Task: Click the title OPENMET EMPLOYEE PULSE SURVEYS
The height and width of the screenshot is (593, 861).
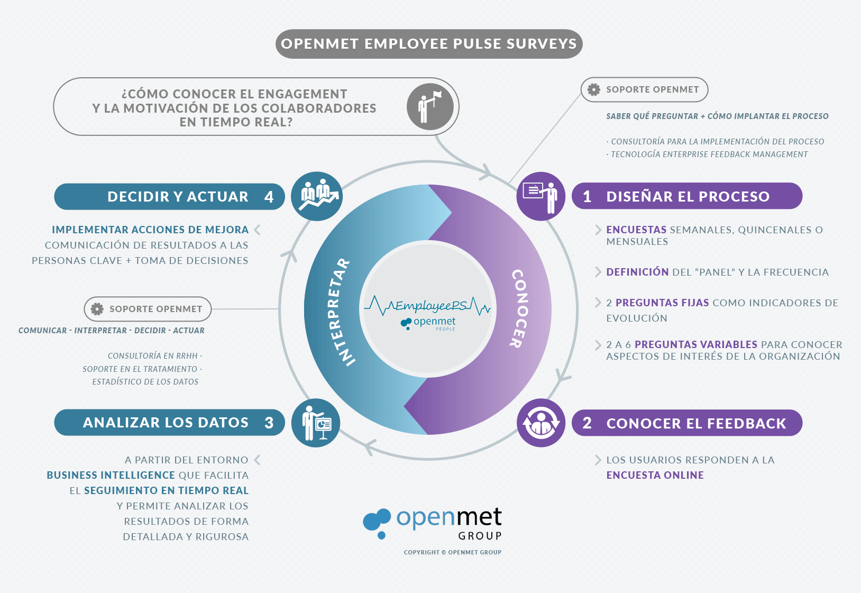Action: point(429,44)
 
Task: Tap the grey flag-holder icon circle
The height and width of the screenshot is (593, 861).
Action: point(429,107)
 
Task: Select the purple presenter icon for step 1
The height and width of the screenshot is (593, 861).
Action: point(541,196)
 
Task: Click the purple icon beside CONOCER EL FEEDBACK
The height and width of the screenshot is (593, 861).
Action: point(541,423)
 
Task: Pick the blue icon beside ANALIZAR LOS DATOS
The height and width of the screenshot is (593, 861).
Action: point(316,423)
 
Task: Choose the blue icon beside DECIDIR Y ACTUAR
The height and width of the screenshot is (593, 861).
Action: point(317,196)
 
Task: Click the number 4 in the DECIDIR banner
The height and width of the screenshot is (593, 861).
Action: point(269,197)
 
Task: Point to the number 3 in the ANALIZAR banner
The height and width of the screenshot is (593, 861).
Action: point(269,423)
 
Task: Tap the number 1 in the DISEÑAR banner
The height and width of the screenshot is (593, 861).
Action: point(587,197)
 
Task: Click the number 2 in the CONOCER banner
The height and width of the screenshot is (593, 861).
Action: point(587,423)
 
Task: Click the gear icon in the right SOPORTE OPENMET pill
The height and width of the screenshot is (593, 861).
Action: point(594,90)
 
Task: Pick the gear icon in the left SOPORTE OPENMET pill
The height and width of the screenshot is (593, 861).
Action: point(97,309)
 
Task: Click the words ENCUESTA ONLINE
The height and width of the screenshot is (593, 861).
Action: point(655,475)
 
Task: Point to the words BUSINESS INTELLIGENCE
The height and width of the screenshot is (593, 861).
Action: point(111,475)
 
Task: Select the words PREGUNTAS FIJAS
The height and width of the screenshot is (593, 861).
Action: point(662,303)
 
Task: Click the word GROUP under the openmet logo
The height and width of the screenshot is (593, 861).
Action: point(480,536)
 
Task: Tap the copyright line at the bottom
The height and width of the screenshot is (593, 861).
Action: point(452,552)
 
